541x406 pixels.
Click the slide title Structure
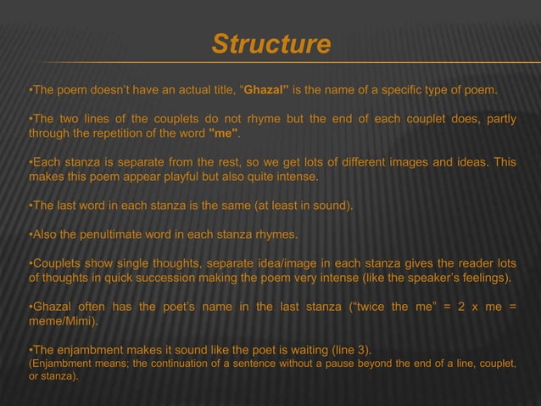(x=270, y=44)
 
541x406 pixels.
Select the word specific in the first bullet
(x=403, y=90)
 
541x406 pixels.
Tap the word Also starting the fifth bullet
(x=47, y=234)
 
